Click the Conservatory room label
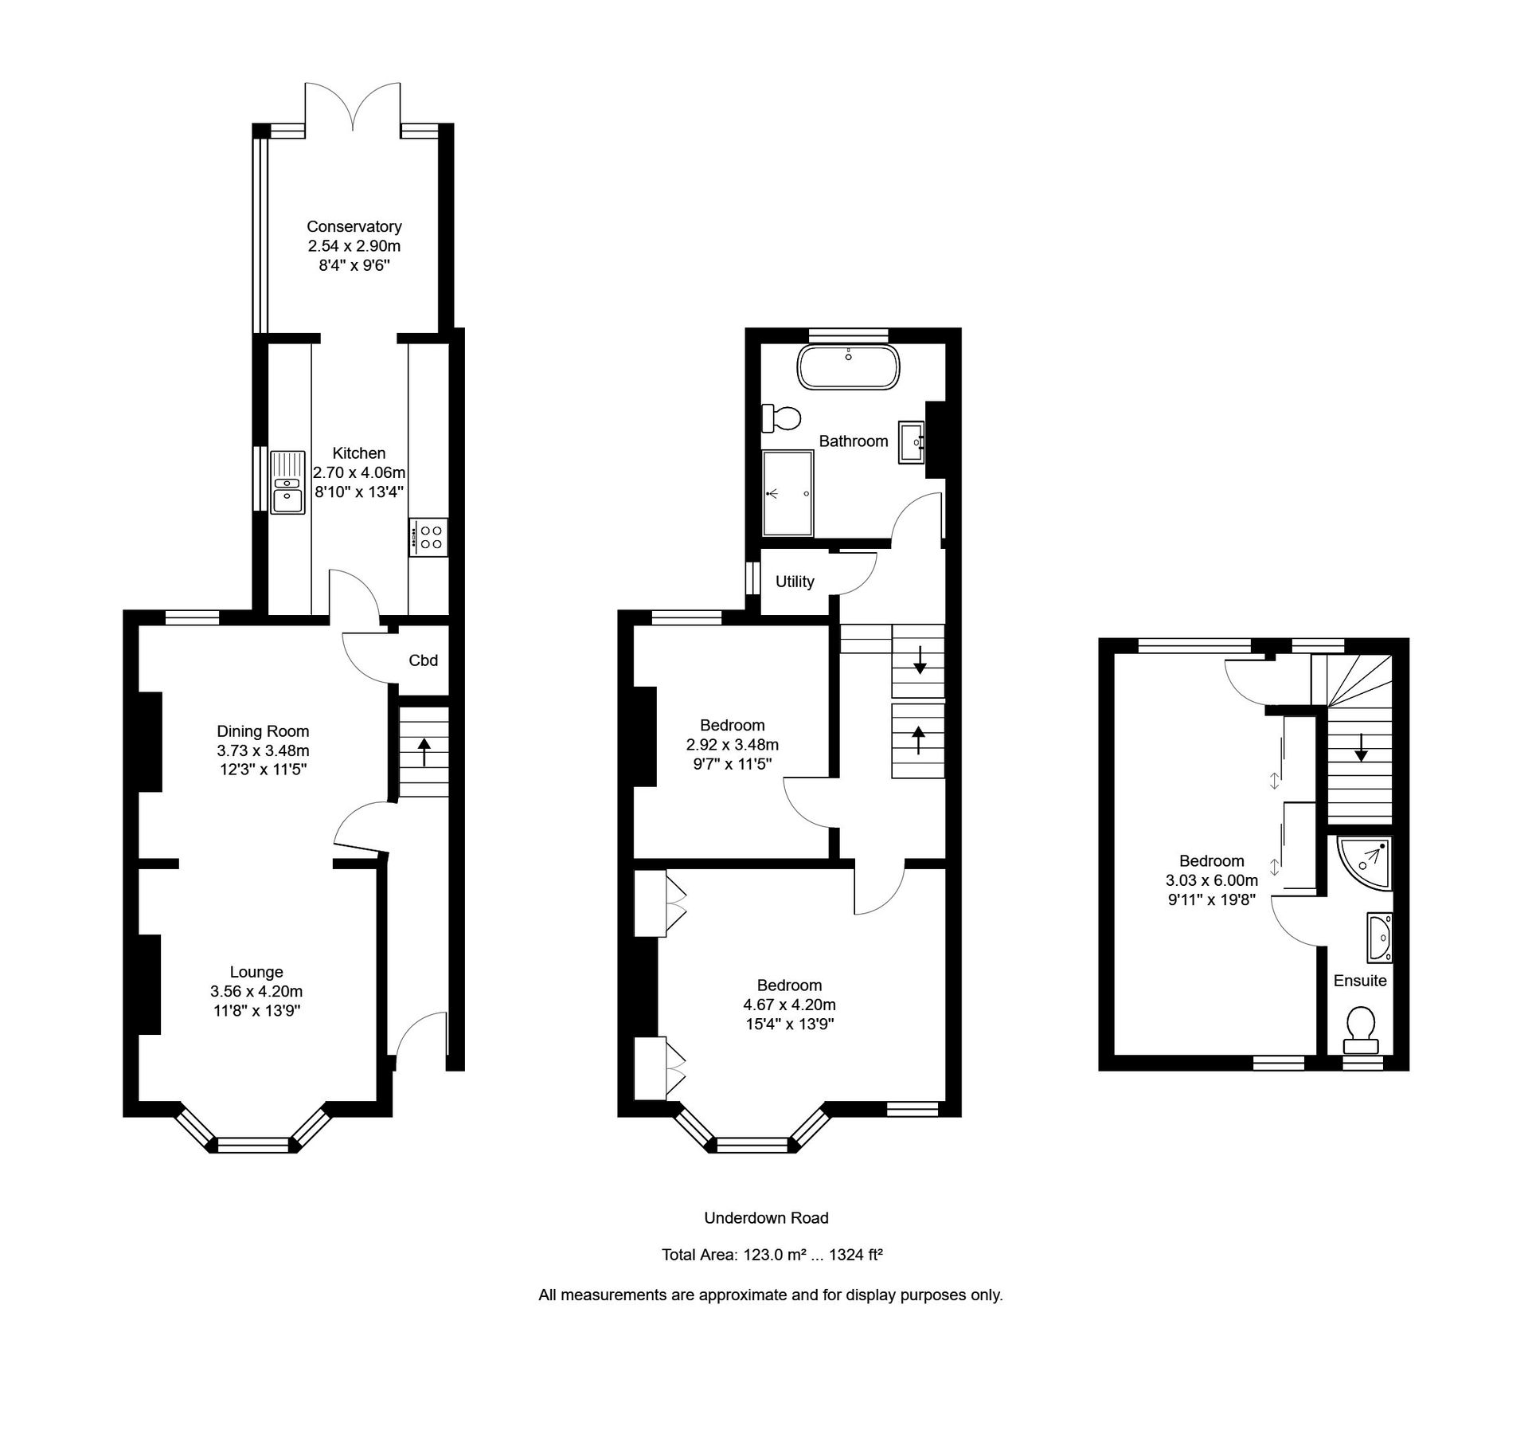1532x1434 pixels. [354, 227]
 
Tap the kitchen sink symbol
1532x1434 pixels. [287, 483]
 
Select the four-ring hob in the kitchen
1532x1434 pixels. [430, 537]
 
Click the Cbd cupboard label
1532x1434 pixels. [423, 660]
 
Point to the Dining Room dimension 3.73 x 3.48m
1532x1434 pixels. [263, 750]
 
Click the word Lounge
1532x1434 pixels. [256, 972]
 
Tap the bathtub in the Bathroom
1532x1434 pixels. [848, 367]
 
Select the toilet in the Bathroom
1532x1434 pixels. [782, 417]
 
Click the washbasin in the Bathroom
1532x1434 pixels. [912, 442]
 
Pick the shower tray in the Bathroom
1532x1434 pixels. [787, 493]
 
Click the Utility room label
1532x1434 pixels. [795, 582]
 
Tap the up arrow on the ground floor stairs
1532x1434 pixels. [424, 751]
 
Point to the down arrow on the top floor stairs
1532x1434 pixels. [1361, 746]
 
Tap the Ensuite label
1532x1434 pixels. [1360, 981]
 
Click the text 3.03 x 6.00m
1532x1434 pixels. [1211, 880]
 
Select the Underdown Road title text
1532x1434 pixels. [766, 1218]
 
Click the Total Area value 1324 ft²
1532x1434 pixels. [855, 1255]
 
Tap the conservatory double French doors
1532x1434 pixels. [353, 108]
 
